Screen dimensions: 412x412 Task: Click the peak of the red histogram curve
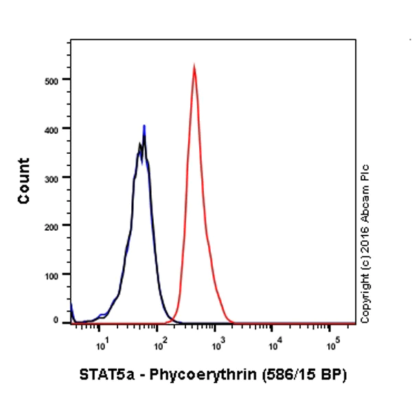[x=194, y=67]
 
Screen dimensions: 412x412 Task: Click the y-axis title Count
[x=25, y=181]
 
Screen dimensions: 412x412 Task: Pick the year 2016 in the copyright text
[x=365, y=233]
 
